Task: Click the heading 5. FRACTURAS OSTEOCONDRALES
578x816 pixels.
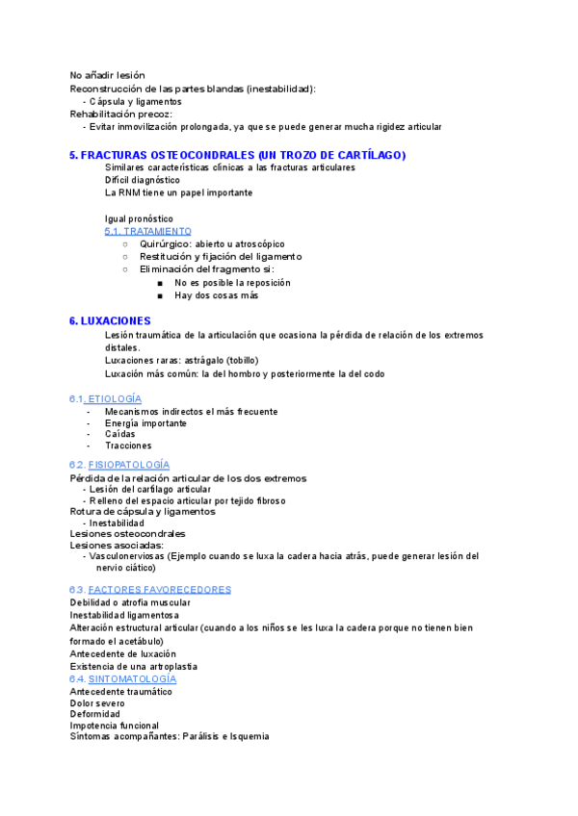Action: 237,155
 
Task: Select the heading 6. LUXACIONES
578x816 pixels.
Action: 109,320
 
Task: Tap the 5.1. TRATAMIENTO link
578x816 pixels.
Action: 147,232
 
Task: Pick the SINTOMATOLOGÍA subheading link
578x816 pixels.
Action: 129,679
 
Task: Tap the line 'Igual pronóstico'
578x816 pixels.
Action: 139,218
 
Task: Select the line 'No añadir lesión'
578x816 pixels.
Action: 108,75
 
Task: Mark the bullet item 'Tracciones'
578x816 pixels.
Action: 128,446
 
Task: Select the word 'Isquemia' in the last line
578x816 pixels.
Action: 248,737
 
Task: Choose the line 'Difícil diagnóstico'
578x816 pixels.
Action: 143,180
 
